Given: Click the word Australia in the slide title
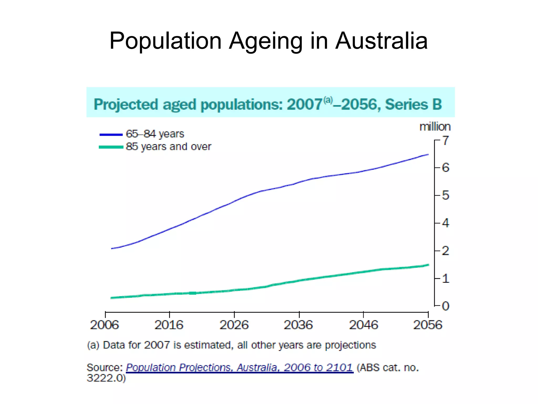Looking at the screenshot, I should point(381,41).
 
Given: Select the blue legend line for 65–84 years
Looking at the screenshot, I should point(111,135).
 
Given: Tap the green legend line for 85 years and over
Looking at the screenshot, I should point(111,147).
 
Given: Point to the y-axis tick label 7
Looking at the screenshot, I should point(446,141).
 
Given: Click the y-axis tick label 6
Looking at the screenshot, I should point(446,168).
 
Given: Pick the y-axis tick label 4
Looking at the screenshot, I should point(446,223).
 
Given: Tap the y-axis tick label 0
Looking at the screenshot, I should point(446,306).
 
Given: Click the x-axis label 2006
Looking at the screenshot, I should point(105,325).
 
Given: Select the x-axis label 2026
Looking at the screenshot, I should point(234,325).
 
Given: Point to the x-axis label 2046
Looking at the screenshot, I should point(363,325).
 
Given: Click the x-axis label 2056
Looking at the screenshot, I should point(428,325).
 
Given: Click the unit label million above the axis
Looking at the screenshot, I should point(435,127).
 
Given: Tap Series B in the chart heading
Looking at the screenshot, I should point(413,104).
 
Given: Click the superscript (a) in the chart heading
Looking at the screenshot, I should point(328,100).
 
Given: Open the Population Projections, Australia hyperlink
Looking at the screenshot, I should point(239,367).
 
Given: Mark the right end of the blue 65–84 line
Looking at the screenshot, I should point(428,155).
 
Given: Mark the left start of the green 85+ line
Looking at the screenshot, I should point(112,298).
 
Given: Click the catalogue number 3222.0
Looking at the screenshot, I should point(106,378).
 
